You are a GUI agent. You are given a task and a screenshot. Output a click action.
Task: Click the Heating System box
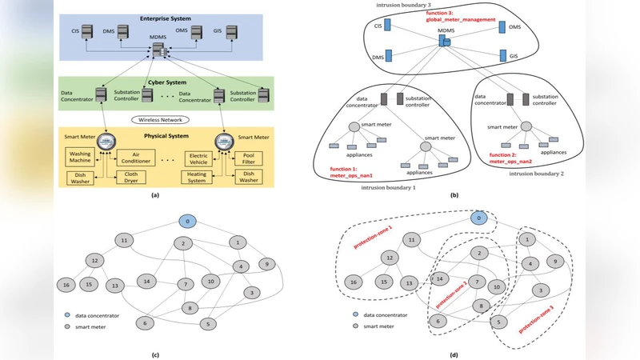click(x=200, y=178)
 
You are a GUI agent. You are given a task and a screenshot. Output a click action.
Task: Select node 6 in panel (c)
click(x=144, y=322)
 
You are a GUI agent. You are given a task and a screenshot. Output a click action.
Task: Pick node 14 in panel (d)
click(x=438, y=278)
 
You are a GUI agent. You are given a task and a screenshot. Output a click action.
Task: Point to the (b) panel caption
click(x=454, y=194)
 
